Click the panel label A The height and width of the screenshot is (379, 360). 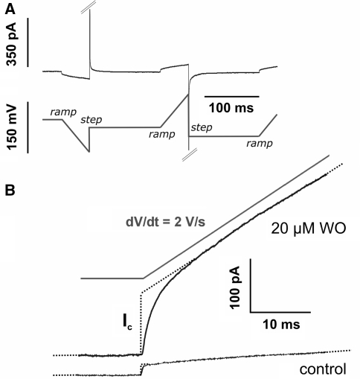(10, 10)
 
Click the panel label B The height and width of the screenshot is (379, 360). (10, 191)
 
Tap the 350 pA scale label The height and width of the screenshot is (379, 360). (11, 44)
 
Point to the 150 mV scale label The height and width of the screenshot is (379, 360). (12, 127)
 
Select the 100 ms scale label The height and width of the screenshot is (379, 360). (231, 108)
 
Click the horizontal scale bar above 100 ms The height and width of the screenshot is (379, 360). (232, 96)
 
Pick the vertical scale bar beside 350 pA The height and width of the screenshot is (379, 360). (28, 42)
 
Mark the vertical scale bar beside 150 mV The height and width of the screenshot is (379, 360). (28, 127)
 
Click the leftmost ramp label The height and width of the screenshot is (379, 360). (63, 112)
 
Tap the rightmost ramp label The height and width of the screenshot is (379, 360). (260, 144)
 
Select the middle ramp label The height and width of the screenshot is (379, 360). (162, 134)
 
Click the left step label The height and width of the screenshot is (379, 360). (91, 120)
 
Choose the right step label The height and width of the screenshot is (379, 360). (202, 127)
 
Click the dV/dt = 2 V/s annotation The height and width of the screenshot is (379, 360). (166, 222)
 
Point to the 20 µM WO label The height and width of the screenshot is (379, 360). (308, 229)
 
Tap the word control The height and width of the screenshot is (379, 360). (323, 369)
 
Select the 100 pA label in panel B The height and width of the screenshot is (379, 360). (235, 287)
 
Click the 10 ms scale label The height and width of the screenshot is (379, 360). (281, 324)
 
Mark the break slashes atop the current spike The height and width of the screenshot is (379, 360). (89, 7)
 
